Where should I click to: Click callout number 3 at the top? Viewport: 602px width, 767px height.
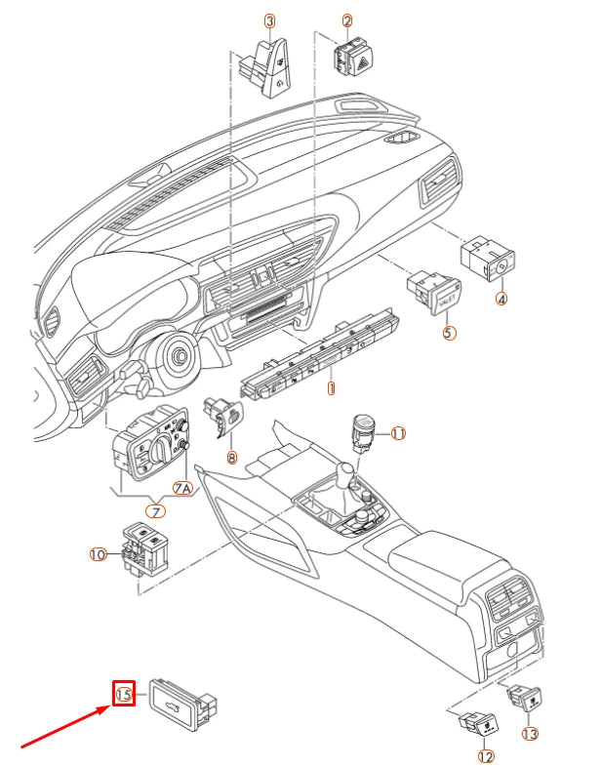point(269,20)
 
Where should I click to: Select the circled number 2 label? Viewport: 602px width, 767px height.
point(347,20)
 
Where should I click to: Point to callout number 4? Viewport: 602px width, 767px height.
point(502,300)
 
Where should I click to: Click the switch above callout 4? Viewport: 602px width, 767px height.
point(489,257)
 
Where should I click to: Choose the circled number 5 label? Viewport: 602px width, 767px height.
point(449,333)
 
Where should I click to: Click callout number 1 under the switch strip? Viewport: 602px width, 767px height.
point(331,387)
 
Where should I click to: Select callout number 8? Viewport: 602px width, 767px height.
point(231,457)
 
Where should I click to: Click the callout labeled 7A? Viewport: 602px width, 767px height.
point(182,487)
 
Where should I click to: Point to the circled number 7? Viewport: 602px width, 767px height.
point(155,510)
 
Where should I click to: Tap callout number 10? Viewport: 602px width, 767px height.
point(98,554)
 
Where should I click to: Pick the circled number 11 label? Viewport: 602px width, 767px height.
point(397,433)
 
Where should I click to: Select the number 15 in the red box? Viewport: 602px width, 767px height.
point(124,694)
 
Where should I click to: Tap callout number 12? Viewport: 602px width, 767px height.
point(485,755)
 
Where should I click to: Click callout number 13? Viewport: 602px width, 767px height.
point(530,734)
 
